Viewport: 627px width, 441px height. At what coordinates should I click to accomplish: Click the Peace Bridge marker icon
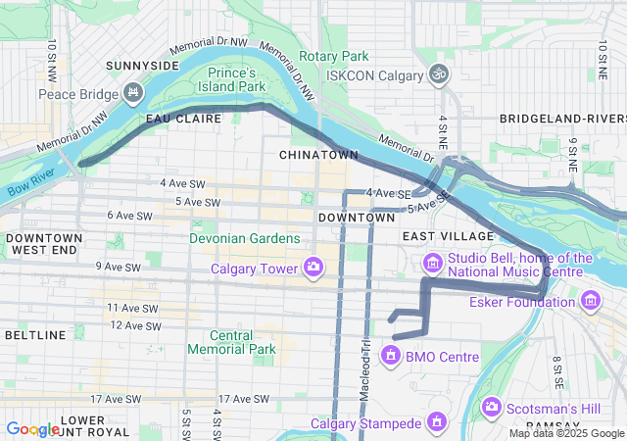click(132, 94)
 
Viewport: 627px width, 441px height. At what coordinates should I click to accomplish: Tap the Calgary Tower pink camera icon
click(314, 267)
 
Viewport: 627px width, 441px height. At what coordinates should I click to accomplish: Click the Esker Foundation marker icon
click(590, 301)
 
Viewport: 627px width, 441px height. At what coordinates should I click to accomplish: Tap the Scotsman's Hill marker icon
click(492, 406)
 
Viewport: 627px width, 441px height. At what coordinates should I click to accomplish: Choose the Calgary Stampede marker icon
click(436, 423)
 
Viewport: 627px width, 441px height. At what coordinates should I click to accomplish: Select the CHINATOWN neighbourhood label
click(318, 155)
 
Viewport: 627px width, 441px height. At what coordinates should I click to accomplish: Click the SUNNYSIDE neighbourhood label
click(144, 65)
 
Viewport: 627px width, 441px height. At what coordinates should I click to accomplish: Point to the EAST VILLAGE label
click(448, 236)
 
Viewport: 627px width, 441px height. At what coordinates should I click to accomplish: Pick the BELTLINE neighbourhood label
click(34, 335)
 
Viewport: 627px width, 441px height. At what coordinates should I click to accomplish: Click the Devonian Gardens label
click(246, 238)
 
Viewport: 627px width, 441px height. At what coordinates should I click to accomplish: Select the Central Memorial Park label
click(231, 342)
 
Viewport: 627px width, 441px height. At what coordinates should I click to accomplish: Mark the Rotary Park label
click(334, 56)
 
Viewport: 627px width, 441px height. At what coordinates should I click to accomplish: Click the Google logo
click(32, 428)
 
